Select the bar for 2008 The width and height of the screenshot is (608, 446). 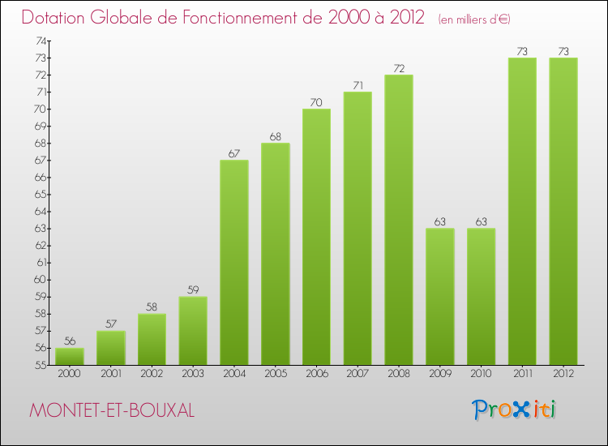(x=399, y=219)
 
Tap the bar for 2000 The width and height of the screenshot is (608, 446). (x=70, y=356)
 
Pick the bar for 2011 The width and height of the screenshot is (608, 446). (x=522, y=211)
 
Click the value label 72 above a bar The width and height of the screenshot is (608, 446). (x=399, y=67)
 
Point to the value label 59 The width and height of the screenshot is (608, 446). (x=193, y=289)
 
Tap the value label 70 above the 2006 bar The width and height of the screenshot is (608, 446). (x=316, y=102)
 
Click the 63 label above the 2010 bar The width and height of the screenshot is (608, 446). (x=482, y=221)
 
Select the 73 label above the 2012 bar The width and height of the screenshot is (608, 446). (x=563, y=51)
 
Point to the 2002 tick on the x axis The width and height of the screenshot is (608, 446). (x=152, y=375)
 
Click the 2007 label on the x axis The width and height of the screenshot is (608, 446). (x=358, y=375)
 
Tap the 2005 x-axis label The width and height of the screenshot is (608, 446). (x=276, y=375)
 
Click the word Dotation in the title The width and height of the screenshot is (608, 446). (x=58, y=17)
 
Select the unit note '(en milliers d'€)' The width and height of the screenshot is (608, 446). (x=474, y=19)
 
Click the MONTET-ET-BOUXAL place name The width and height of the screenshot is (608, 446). (x=112, y=410)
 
